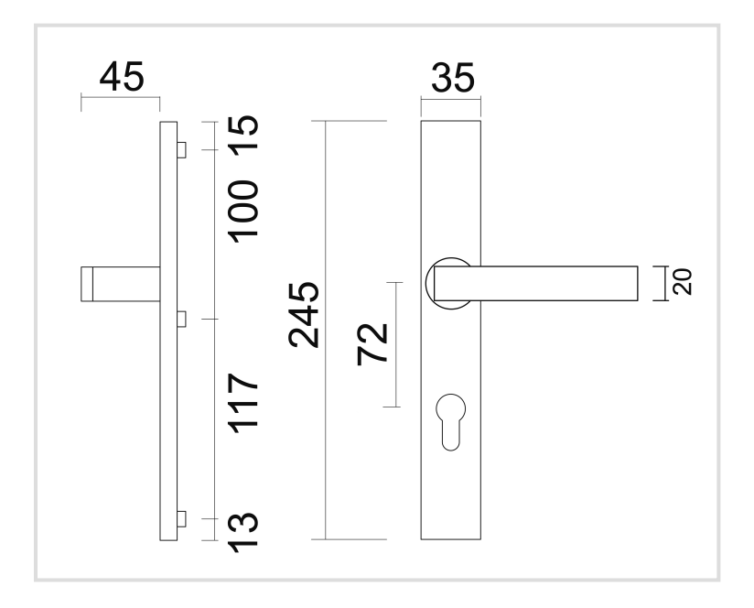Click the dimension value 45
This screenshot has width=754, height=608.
(x=121, y=77)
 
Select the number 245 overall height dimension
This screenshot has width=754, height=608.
(x=303, y=315)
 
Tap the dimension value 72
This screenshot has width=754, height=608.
(x=372, y=343)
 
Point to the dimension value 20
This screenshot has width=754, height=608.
(x=682, y=282)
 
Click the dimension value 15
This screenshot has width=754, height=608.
(x=242, y=136)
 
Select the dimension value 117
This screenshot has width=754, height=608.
(x=242, y=403)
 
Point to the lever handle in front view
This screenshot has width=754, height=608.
(x=549, y=283)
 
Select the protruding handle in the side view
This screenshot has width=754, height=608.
(x=119, y=283)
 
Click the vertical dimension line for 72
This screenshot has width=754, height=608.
(x=396, y=343)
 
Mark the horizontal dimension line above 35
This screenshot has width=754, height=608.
(x=451, y=98)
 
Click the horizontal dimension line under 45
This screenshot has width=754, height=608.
(x=121, y=98)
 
